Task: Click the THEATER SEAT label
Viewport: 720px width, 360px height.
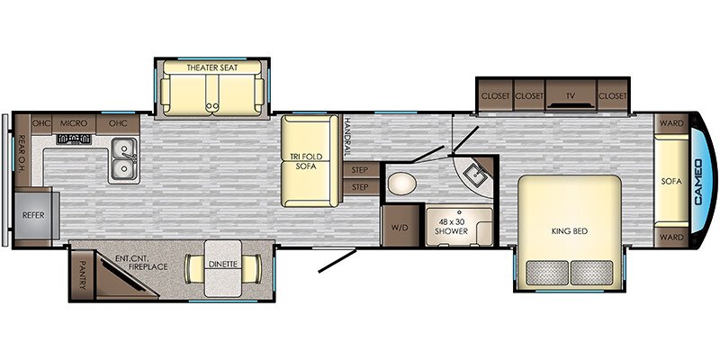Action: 212,68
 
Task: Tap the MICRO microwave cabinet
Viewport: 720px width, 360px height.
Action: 74,124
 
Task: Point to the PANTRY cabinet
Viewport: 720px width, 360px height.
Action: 82,274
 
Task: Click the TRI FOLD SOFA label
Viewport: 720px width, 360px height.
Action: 306,161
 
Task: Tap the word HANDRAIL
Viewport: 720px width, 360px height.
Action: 347,136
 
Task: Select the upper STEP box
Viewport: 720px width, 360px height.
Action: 361,170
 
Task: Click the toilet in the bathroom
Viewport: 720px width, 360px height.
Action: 401,184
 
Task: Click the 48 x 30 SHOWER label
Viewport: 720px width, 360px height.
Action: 452,228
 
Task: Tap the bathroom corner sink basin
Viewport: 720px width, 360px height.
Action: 474,175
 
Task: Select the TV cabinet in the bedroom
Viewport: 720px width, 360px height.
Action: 571,95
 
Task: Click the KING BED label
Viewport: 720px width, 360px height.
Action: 570,231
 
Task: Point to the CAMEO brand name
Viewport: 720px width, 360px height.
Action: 698,182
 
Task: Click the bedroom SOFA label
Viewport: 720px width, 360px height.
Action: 671,182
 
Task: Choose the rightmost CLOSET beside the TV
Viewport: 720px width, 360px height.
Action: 612,96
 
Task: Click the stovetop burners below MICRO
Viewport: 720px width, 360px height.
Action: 74,139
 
